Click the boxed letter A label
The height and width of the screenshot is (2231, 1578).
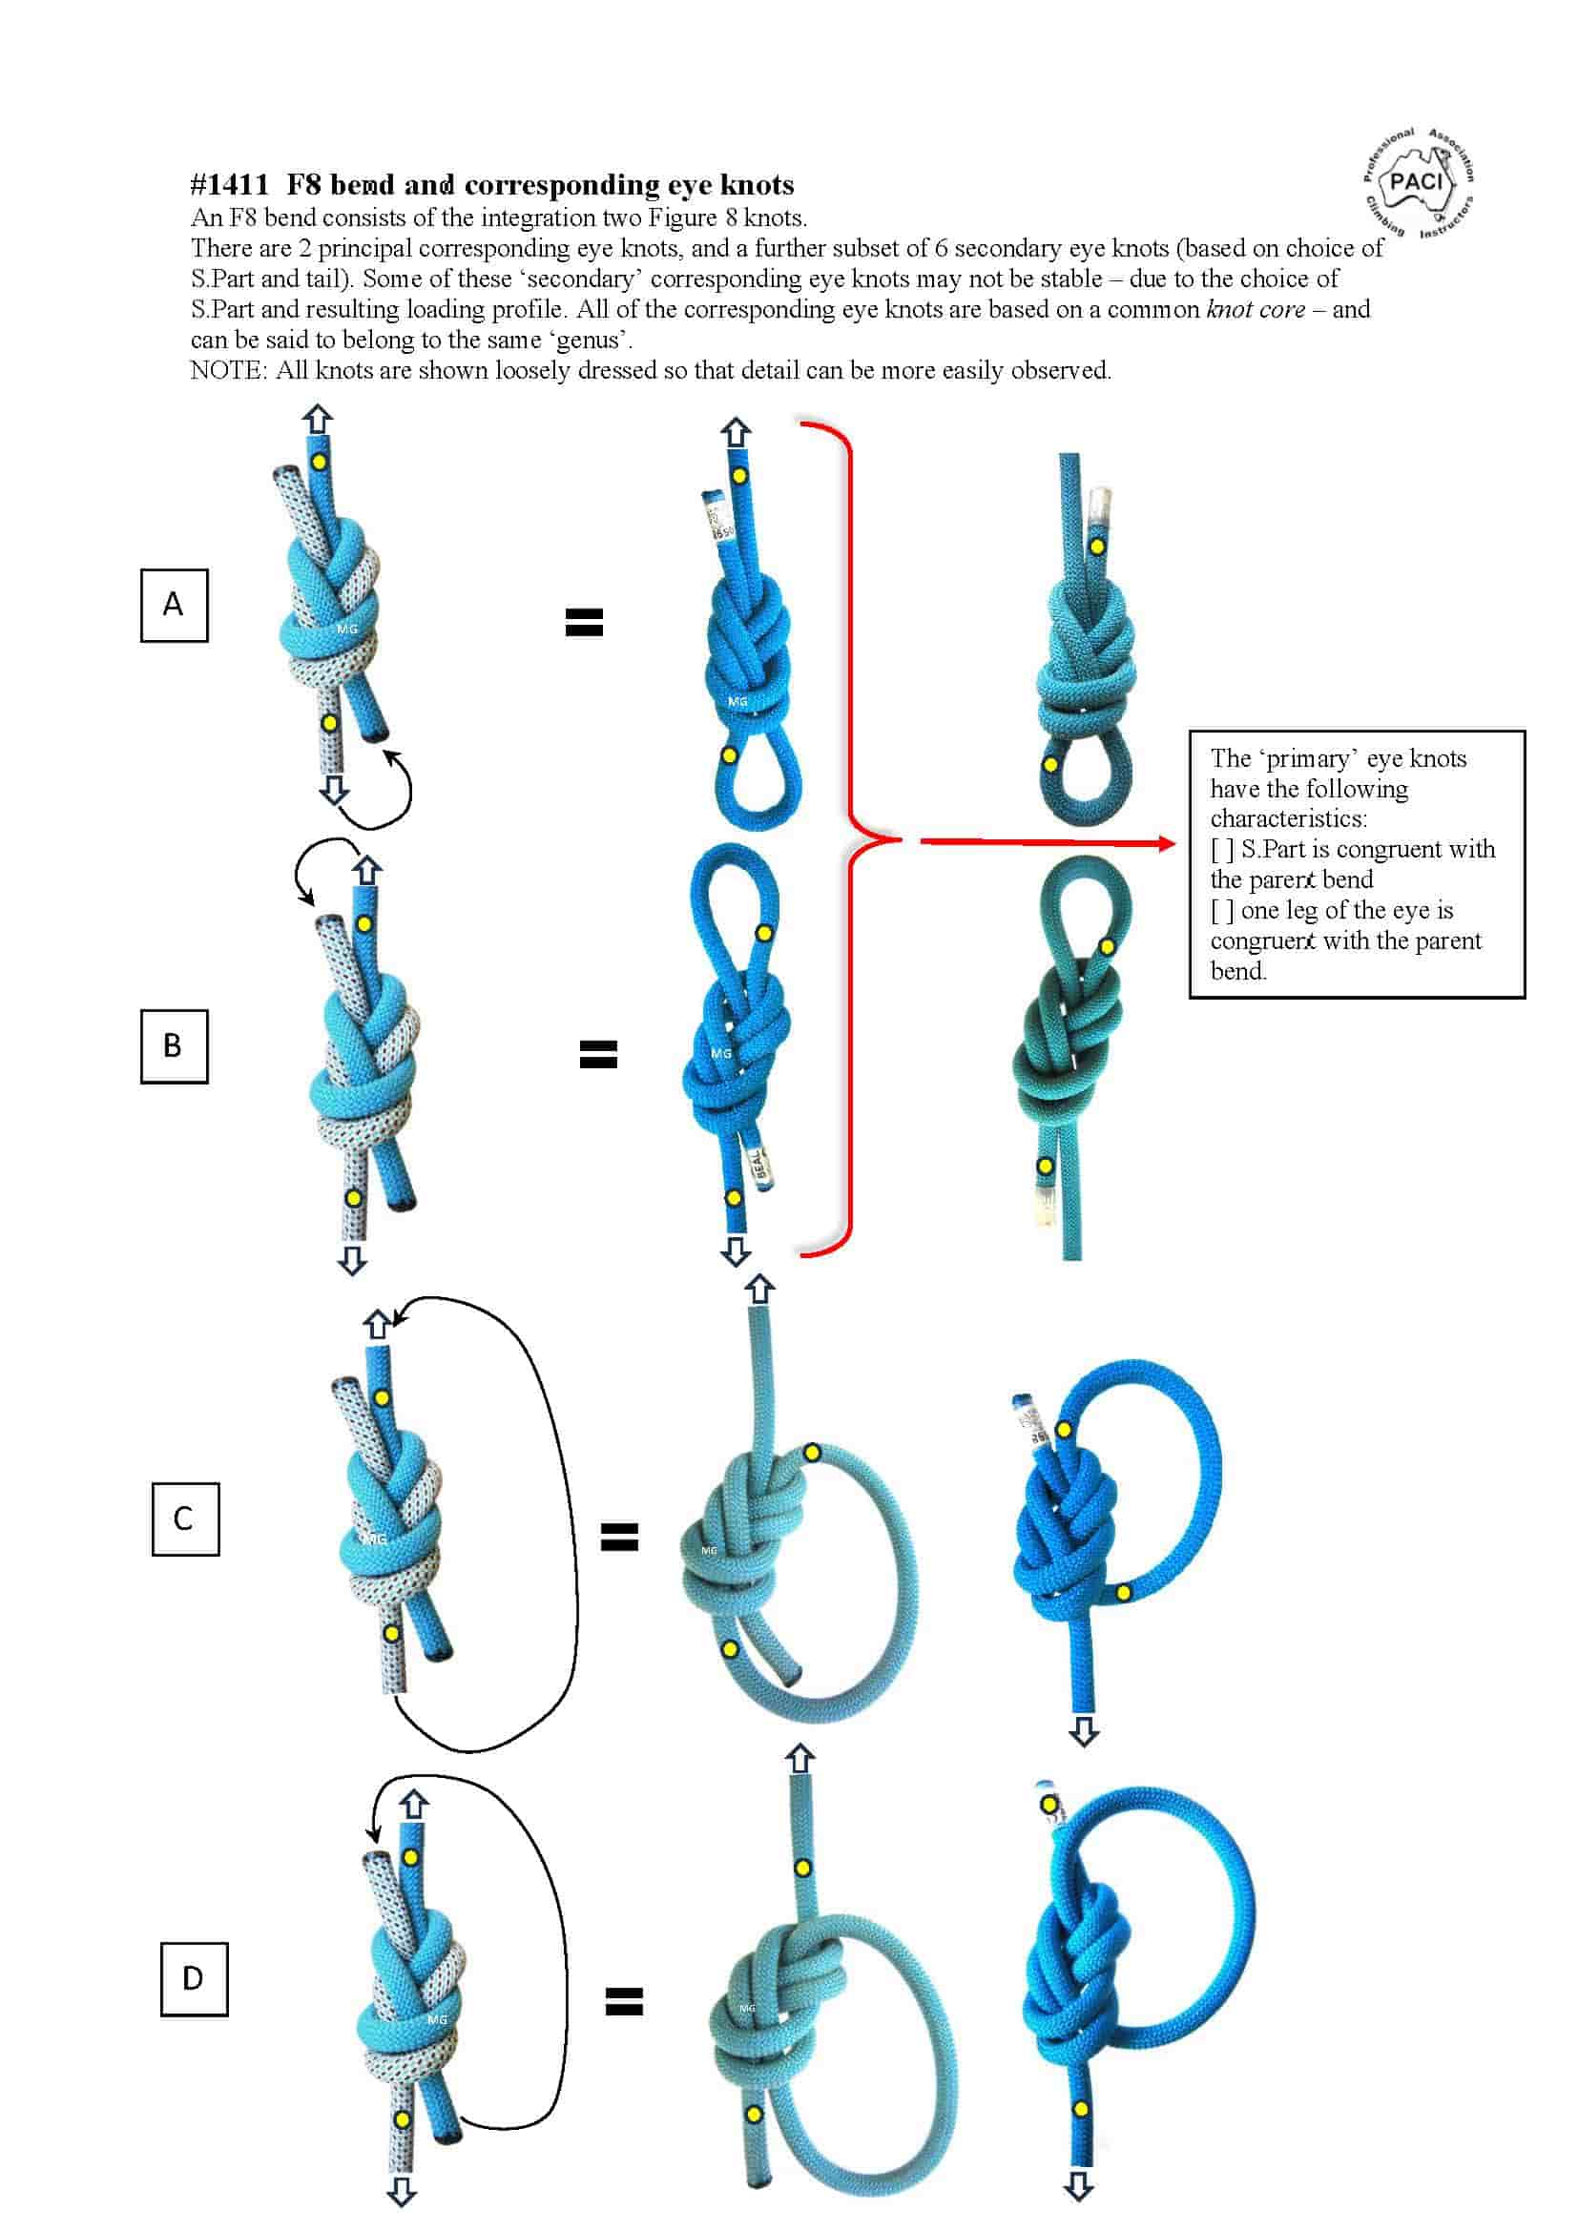[174, 605]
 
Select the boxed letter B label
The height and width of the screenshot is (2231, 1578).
[174, 1045]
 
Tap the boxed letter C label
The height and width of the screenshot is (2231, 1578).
[185, 1518]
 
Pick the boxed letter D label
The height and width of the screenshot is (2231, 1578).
[194, 1977]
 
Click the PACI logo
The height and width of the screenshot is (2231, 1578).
[1419, 182]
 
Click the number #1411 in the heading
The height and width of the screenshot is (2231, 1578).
[229, 185]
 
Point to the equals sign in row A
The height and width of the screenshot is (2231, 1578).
[584, 622]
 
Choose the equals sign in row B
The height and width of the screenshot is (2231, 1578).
[598, 1054]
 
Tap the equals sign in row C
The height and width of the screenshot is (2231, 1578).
[619, 1537]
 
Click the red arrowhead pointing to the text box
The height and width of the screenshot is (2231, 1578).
[1166, 842]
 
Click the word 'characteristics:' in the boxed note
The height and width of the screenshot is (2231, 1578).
[1287, 818]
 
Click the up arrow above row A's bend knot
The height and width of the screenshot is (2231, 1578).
[318, 419]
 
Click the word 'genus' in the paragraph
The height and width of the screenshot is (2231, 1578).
[587, 341]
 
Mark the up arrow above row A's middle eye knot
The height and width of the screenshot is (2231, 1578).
[736, 431]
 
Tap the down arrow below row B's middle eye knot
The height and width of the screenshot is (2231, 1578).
[736, 1250]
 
